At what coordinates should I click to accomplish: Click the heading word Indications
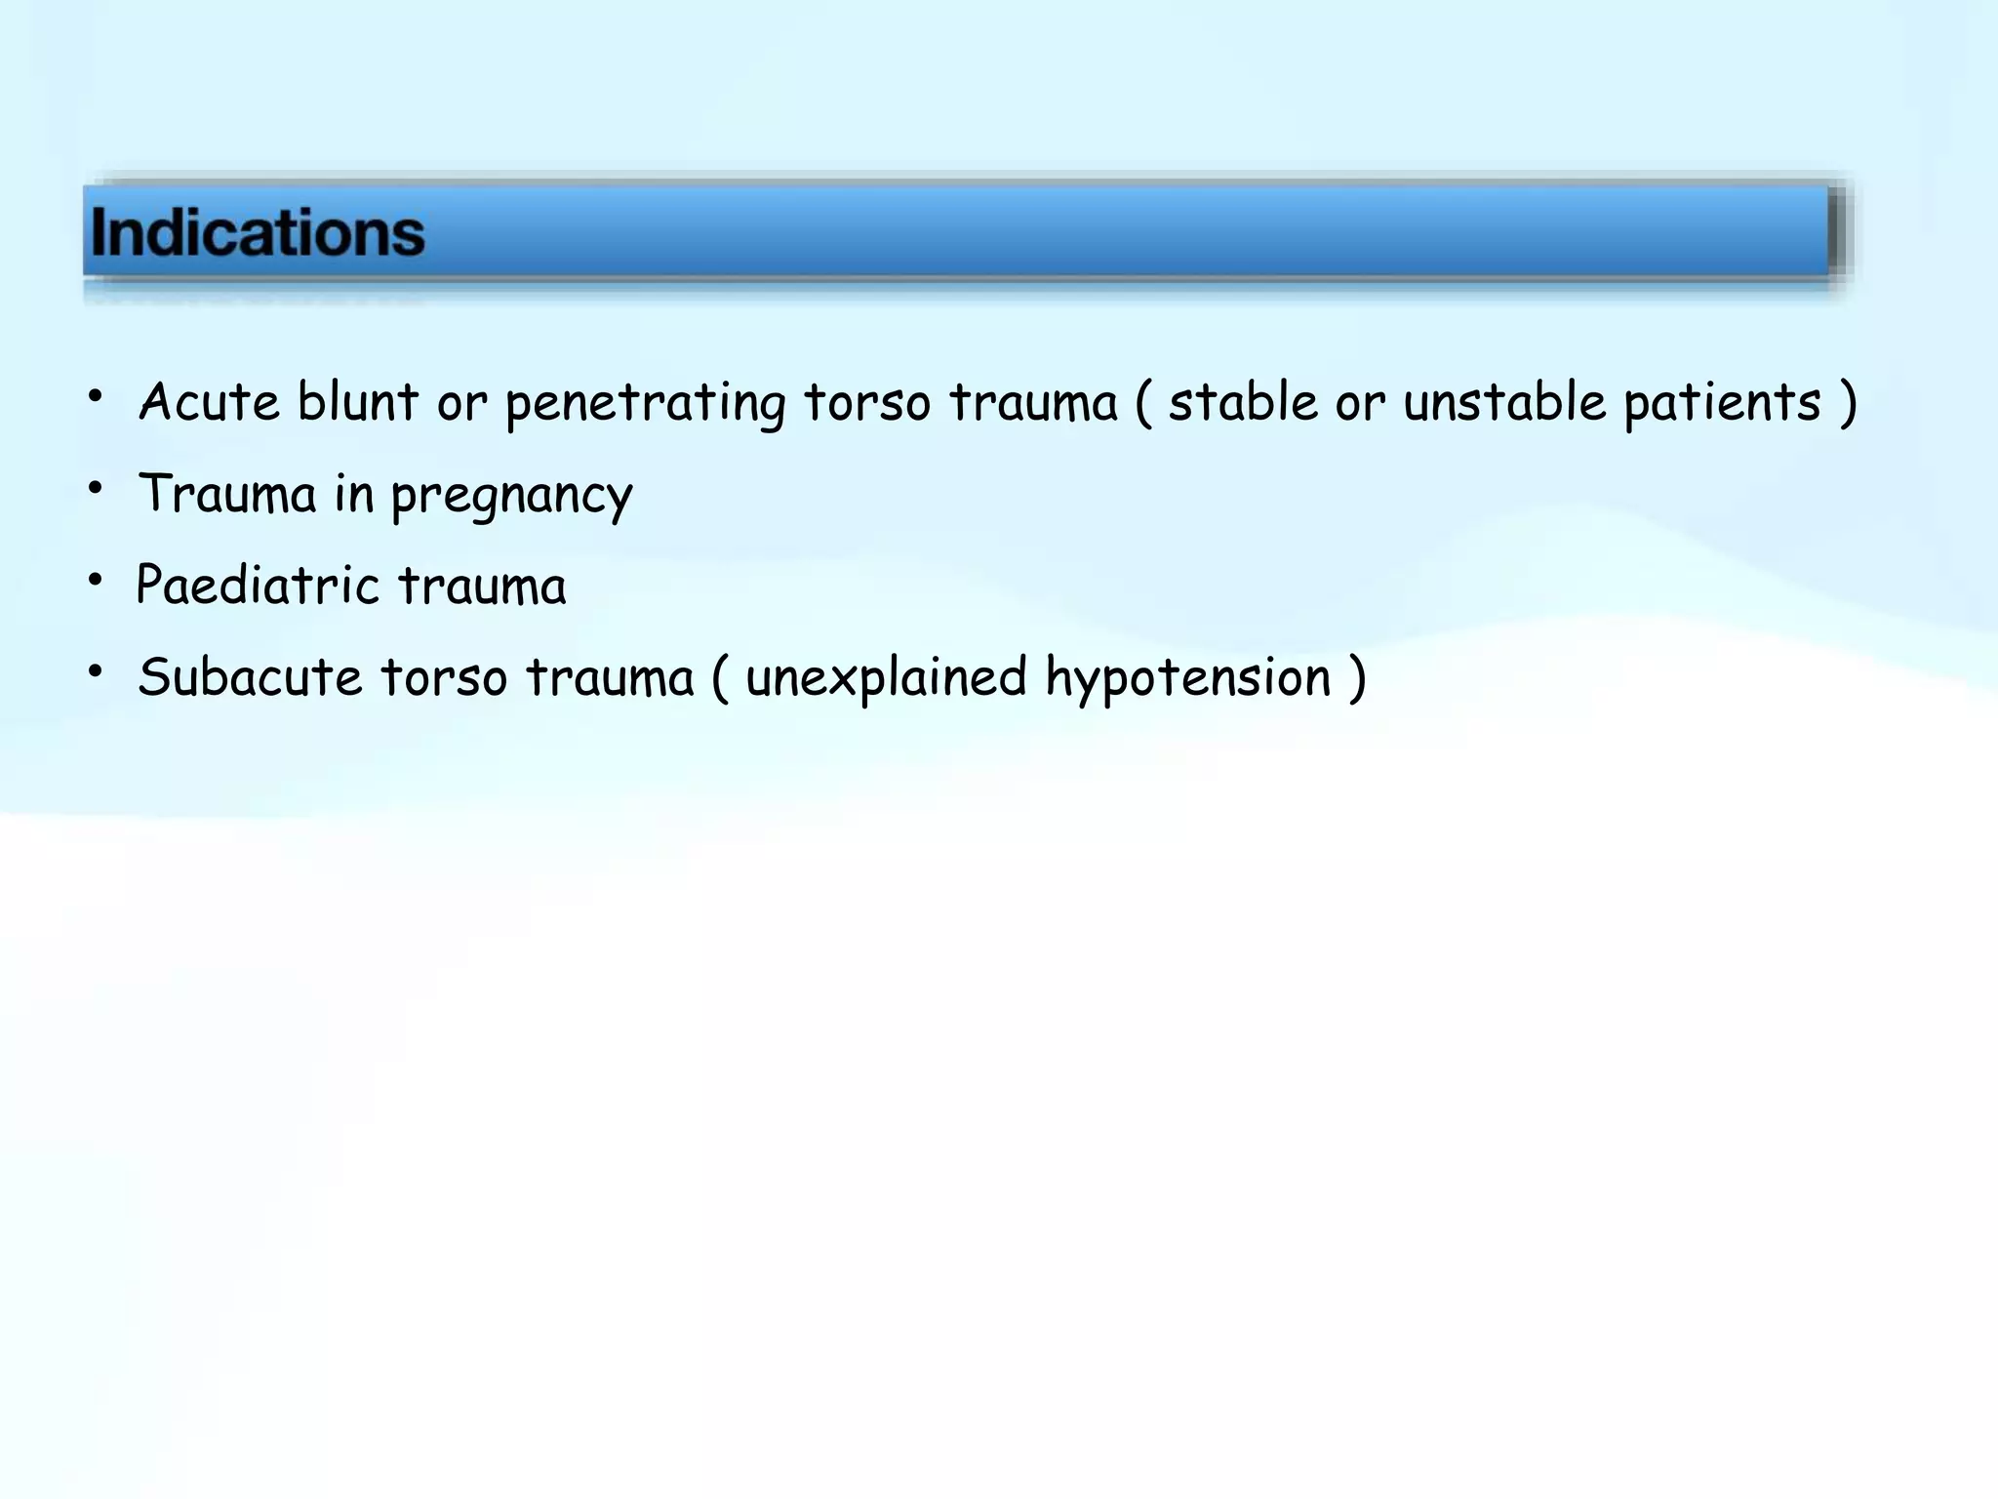pyautogui.click(x=258, y=233)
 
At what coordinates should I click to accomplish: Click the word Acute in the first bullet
pyautogui.click(x=209, y=402)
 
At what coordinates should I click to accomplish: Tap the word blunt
pyautogui.click(x=357, y=402)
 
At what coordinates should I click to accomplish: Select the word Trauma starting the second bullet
pyautogui.click(x=227, y=494)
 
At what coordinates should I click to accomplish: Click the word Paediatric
pyautogui.click(x=258, y=586)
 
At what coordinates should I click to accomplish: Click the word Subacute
pyautogui.click(x=250, y=677)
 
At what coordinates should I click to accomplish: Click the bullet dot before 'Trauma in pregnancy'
pyautogui.click(x=95, y=488)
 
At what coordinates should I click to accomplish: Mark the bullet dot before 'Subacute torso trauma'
pyautogui.click(x=95, y=671)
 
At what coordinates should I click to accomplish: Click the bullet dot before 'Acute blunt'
pyautogui.click(x=95, y=396)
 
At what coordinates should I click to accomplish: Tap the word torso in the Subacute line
pyautogui.click(x=444, y=677)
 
